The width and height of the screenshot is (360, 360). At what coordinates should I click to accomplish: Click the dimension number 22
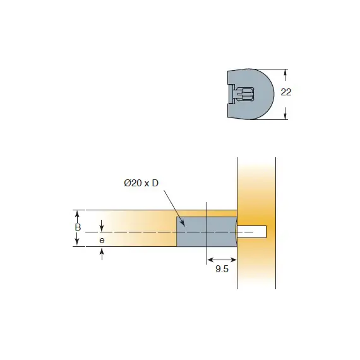coord(286,92)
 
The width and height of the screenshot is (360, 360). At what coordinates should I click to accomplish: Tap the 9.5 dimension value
coord(222,269)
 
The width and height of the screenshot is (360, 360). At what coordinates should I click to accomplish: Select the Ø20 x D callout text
coord(141,183)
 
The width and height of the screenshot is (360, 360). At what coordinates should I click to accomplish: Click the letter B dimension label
coord(78,227)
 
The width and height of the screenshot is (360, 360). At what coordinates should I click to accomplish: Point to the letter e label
coord(102,241)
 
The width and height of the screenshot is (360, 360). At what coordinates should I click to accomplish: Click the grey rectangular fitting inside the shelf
coord(207,232)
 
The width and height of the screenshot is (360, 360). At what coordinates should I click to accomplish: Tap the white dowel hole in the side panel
coord(251,232)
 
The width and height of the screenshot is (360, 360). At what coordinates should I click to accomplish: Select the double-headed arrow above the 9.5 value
coord(222,260)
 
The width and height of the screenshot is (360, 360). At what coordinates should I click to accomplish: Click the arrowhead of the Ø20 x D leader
coord(183,224)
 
